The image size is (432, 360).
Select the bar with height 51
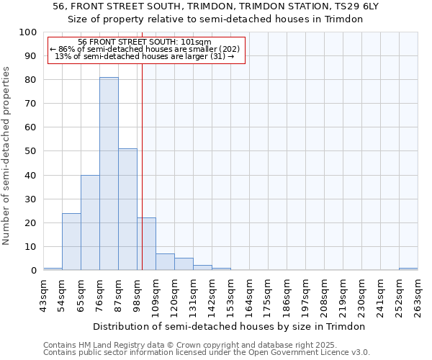coord(127,210)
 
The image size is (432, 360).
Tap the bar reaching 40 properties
coord(90,222)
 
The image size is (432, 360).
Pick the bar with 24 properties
coord(71,241)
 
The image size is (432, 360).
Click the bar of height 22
coord(146,244)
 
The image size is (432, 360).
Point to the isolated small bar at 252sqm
coord(408,269)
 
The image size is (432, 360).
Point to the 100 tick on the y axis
coord(28,32)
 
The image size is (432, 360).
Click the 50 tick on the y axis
coord(31,151)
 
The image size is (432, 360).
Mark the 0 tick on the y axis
coord(33,270)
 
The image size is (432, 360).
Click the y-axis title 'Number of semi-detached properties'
coord(7,156)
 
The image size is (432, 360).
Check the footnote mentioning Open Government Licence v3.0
coord(207,353)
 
